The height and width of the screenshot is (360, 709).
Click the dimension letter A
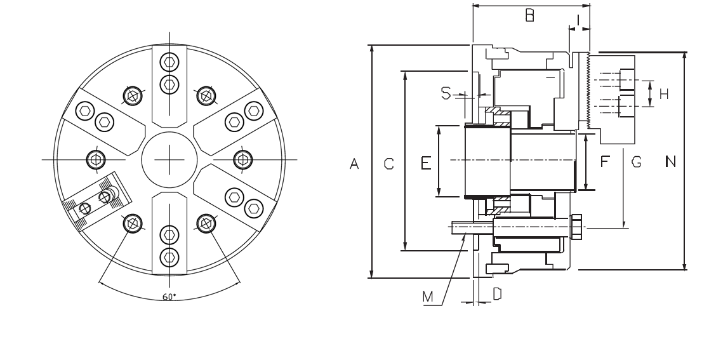(355, 164)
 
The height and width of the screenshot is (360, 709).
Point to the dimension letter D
(498, 293)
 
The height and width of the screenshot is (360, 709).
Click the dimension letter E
(427, 164)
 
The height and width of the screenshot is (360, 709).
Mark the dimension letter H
(664, 95)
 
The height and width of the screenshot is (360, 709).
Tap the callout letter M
(428, 296)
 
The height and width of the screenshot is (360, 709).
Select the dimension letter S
(446, 94)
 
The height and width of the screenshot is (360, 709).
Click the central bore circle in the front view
(169, 158)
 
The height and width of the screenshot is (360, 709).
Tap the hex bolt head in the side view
(577, 227)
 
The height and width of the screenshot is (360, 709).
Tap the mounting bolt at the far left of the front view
(95, 158)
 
